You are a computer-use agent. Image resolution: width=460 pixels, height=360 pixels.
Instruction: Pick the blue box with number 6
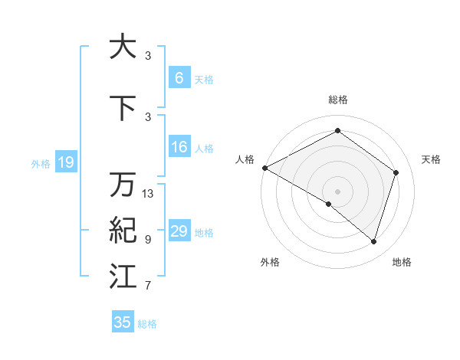[179, 78]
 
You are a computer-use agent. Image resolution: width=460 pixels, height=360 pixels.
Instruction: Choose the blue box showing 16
[179, 148]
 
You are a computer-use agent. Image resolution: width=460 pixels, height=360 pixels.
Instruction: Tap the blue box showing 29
[179, 231]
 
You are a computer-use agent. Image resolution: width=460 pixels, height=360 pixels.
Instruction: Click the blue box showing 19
[65, 162]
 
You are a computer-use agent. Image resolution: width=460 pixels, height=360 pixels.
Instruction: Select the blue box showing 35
[123, 322]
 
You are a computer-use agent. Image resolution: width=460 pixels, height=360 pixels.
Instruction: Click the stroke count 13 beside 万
[148, 194]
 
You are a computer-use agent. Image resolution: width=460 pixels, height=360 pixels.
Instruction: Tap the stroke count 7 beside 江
[148, 286]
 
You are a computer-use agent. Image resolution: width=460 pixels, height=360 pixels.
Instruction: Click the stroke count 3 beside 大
[148, 56]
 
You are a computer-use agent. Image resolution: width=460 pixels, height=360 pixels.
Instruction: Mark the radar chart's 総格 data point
[337, 131]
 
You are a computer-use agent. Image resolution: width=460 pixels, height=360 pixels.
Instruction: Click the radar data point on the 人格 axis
[264, 168]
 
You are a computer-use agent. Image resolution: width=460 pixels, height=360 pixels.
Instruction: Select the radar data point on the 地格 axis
[373, 241]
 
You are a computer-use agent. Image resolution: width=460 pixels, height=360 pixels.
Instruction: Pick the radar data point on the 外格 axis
[329, 204]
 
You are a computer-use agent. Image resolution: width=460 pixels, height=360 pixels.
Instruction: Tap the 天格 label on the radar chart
[431, 159]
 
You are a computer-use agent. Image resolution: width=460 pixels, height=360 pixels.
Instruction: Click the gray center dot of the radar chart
[337, 191]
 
